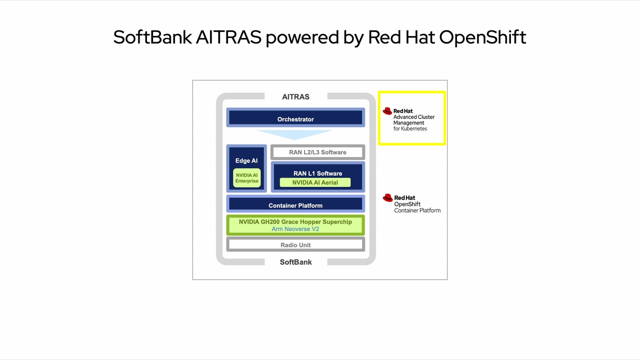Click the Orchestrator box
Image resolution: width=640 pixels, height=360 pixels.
tap(295, 118)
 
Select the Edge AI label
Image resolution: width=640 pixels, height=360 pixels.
tap(246, 161)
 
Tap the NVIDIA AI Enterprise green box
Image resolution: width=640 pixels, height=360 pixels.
tap(247, 178)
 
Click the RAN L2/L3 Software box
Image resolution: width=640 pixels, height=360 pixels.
tap(317, 152)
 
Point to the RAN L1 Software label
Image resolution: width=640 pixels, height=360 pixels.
tap(317, 173)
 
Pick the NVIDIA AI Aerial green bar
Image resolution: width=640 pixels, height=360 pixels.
tap(315, 182)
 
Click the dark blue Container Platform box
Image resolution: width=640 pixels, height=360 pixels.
tap(295, 204)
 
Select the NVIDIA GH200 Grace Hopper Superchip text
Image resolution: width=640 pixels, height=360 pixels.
tap(295, 221)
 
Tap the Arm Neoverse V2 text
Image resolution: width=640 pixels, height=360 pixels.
tap(295, 229)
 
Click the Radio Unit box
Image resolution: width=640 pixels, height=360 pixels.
tap(295, 244)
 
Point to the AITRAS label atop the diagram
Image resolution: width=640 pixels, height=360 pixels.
tap(295, 96)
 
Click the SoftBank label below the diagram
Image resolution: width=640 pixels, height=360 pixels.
tap(295, 262)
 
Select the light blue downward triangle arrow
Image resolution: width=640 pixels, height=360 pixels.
tap(294, 134)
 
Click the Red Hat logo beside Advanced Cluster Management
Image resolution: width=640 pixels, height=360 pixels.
tap(387, 111)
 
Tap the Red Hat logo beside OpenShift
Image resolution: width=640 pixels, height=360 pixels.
tap(387, 198)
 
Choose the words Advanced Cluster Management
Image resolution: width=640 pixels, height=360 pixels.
tap(413, 119)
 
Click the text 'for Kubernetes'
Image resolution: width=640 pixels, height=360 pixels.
tap(410, 128)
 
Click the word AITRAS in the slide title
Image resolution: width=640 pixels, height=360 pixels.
tap(228, 37)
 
